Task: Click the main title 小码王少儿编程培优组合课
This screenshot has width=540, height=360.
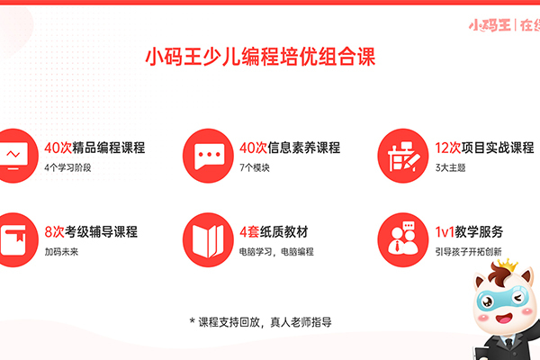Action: coord(260,57)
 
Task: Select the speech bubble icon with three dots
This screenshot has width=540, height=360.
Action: coord(208,156)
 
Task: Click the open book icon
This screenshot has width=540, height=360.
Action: coord(208,239)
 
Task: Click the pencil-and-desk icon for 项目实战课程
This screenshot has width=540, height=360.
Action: coord(403,156)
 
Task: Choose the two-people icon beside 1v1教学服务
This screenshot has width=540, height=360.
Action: coord(403,239)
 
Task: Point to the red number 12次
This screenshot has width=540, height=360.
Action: coord(447,148)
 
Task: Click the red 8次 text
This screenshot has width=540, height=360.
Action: coord(54,232)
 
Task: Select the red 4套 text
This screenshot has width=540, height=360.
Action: coord(249,232)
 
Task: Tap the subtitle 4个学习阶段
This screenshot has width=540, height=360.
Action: coord(67,167)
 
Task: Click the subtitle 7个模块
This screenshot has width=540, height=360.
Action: coord(255,167)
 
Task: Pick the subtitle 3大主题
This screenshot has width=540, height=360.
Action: coord(450,167)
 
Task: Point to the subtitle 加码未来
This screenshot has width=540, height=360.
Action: coord(61,252)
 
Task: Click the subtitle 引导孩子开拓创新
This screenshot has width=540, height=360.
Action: coord(468,252)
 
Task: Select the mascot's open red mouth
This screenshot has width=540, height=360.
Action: coord(504,318)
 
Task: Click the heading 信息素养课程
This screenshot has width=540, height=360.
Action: coord(304,148)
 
